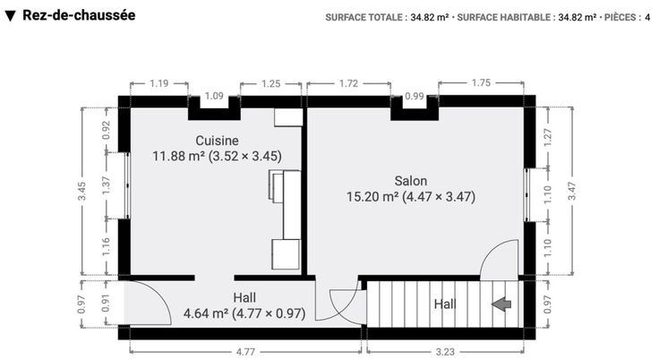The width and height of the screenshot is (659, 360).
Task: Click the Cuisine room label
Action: coord(217,141)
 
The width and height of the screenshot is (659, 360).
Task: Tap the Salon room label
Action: coord(411,181)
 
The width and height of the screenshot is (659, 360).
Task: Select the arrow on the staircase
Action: coord(501,304)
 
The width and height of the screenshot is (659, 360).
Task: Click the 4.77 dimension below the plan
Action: coord(245,352)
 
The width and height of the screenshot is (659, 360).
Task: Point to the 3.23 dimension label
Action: coord(445,352)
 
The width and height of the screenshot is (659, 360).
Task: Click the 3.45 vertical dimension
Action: coord(82,191)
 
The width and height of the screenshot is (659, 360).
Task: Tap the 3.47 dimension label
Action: coord(571,191)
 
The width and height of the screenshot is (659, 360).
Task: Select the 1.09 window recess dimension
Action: coord(214,97)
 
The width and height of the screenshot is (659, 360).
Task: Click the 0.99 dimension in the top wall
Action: coord(414,97)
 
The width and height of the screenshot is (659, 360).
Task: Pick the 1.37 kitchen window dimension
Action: coord(106,185)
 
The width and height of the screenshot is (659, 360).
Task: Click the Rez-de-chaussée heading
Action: coord(79,15)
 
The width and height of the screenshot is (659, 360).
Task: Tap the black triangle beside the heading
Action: coord(11,16)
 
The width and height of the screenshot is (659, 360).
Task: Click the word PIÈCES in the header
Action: coord(620,18)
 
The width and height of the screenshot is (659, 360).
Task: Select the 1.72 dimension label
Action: coord(349,83)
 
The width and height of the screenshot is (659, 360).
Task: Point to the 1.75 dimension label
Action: coord(481,83)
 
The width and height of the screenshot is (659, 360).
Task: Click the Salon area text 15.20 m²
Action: coord(372,197)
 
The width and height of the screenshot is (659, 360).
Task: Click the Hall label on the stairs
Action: coord(445,304)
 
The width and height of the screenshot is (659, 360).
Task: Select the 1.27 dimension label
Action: coord(548,138)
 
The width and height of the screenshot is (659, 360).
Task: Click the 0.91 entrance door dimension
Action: coord(106,304)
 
